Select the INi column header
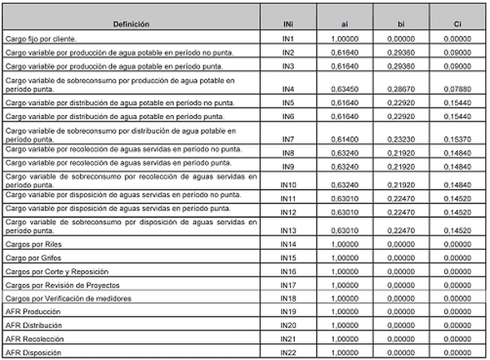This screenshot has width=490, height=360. click(287, 25)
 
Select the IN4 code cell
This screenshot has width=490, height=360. click(287, 88)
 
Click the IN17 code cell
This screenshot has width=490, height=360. click(287, 285)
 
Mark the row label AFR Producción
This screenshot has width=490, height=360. click(32, 312)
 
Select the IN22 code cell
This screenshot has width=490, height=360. click(287, 352)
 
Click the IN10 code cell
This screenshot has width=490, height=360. click(287, 184)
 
